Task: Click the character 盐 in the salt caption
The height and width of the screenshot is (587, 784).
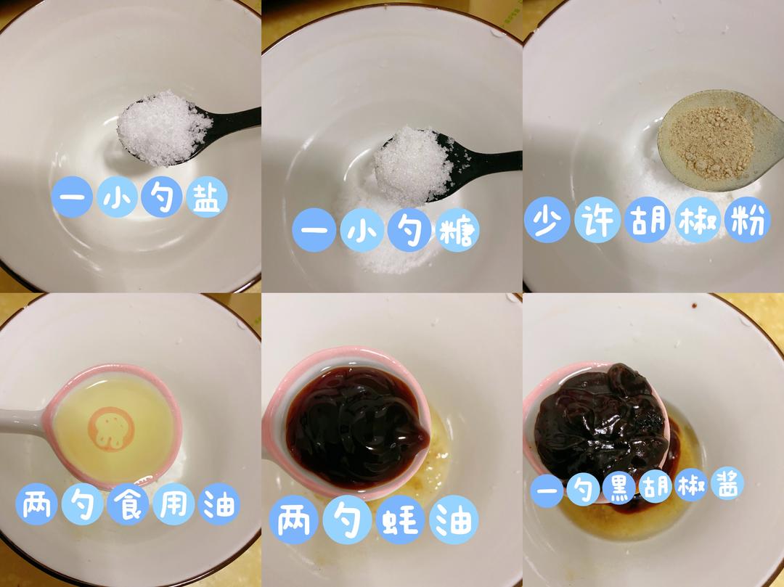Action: click(x=203, y=197)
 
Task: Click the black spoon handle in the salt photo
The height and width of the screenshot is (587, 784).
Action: click(x=236, y=118)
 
